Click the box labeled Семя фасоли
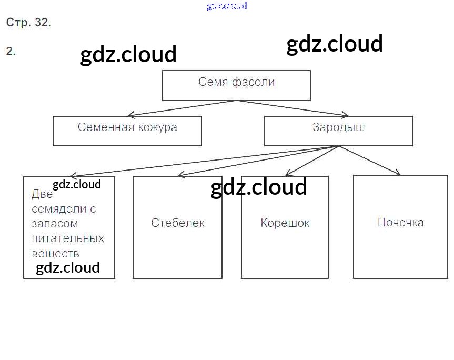point(236,85)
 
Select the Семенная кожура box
point(127,131)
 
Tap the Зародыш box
point(338,131)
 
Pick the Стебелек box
point(177,227)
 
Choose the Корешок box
point(285,227)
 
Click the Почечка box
point(400,227)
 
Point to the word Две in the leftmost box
point(42,194)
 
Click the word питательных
point(68,238)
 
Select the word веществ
point(55,253)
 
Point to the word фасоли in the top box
point(254,82)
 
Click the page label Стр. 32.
point(28,23)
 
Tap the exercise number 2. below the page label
point(11,51)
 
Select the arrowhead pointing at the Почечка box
point(398,173)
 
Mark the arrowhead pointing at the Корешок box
point(287,174)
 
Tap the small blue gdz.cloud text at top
point(227,6)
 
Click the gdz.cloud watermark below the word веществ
point(68,268)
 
